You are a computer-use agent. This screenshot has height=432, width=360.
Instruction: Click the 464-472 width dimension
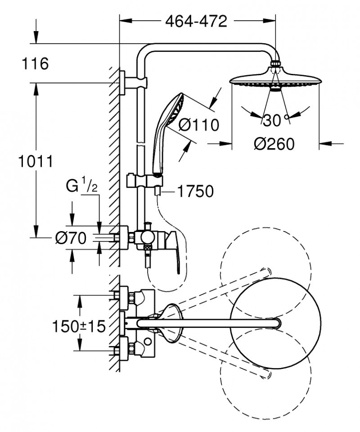[196, 21]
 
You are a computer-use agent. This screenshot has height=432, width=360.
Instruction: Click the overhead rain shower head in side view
[275, 80]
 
